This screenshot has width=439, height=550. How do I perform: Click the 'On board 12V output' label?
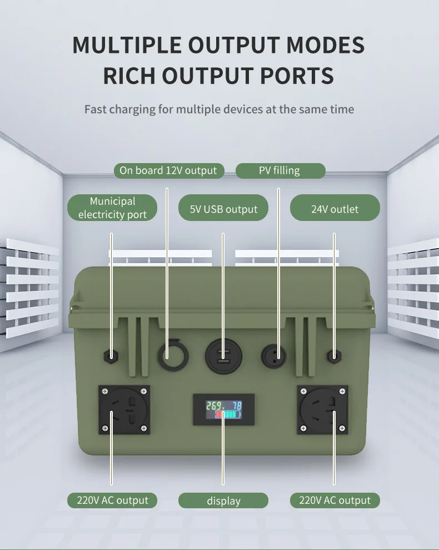click(168, 170)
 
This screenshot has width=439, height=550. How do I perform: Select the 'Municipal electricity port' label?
click(112, 208)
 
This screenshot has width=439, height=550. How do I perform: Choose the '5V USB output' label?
click(223, 209)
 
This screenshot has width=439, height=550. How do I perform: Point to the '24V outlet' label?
click(335, 209)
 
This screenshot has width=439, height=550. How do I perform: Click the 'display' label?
click(223, 500)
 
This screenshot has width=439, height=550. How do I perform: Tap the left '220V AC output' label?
click(112, 500)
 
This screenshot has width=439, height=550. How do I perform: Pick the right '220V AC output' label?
click(335, 500)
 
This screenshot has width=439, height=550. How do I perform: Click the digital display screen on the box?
click(223, 409)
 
